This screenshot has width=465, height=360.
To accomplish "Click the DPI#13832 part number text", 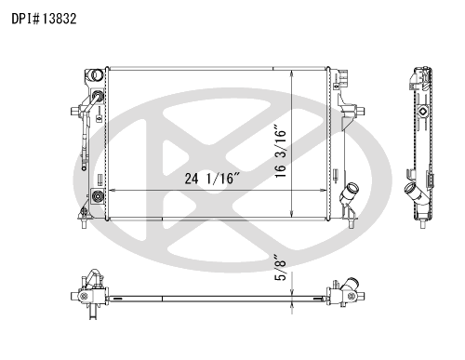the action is [x=44, y=19].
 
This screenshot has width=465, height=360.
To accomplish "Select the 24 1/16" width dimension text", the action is [x=212, y=179].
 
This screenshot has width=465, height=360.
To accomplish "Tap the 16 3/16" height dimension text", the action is [x=280, y=151].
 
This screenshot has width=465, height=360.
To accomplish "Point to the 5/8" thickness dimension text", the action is [x=280, y=268].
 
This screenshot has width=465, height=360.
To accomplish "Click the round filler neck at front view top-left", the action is [x=97, y=74].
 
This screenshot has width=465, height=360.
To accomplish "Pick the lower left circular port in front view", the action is [x=98, y=196].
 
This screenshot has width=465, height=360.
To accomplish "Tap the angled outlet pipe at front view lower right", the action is [x=349, y=193].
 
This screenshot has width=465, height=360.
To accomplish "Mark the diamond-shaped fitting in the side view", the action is [x=422, y=112].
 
